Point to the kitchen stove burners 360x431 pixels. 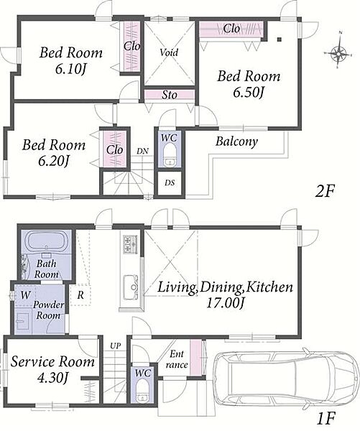pyautogui.click(x=131, y=244)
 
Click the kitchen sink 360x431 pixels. pyautogui.click(x=131, y=287)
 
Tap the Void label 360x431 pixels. pyautogui.click(x=169, y=52)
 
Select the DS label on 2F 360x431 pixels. pyautogui.click(x=170, y=182)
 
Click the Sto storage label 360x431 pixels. pyautogui.click(x=169, y=95)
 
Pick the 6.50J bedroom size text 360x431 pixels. pyautogui.click(x=249, y=93)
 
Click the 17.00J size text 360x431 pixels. pyautogui.click(x=225, y=303)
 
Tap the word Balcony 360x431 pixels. pyautogui.click(x=236, y=142)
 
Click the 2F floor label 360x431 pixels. pyautogui.click(x=325, y=191)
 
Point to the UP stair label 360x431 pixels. pyautogui.click(x=116, y=346)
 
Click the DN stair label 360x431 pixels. pyautogui.click(x=142, y=151)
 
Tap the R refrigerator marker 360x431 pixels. pyautogui.click(x=80, y=295)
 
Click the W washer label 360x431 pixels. pyautogui.click(x=26, y=295)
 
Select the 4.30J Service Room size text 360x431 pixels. pyautogui.click(x=52, y=379)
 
